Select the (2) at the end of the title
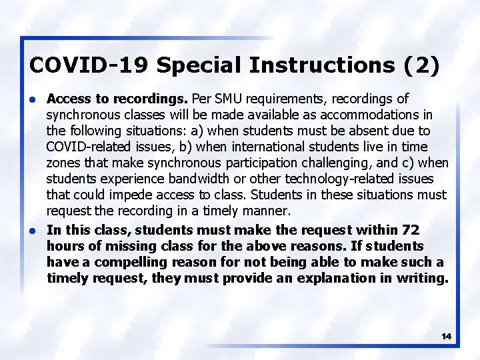(x=422, y=65)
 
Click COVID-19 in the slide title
(x=90, y=65)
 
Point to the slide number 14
(x=446, y=337)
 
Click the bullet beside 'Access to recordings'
(x=33, y=99)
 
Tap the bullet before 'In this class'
(x=33, y=230)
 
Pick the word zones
(x=64, y=163)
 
